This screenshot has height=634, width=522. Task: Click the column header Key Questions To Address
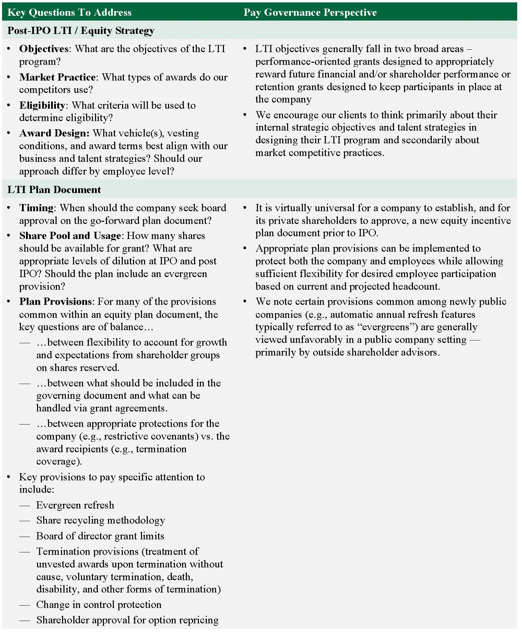tap(69, 12)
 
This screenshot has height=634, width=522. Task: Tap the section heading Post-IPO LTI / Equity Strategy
tap(81, 31)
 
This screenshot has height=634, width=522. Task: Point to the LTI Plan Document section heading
tap(54, 190)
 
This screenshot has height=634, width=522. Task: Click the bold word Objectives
tap(44, 49)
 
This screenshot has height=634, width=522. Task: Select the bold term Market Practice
tap(57, 77)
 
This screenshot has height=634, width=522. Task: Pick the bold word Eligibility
tap(42, 105)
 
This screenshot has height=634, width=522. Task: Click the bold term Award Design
tap(54, 133)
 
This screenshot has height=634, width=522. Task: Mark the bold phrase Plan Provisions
tap(56, 301)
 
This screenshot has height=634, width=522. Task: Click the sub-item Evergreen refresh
tap(75, 505)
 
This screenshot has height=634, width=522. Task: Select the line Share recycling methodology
tap(100, 520)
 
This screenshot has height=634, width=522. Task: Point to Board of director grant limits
tap(100, 536)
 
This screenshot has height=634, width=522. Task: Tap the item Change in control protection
tap(99, 605)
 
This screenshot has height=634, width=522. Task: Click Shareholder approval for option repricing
tap(127, 620)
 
